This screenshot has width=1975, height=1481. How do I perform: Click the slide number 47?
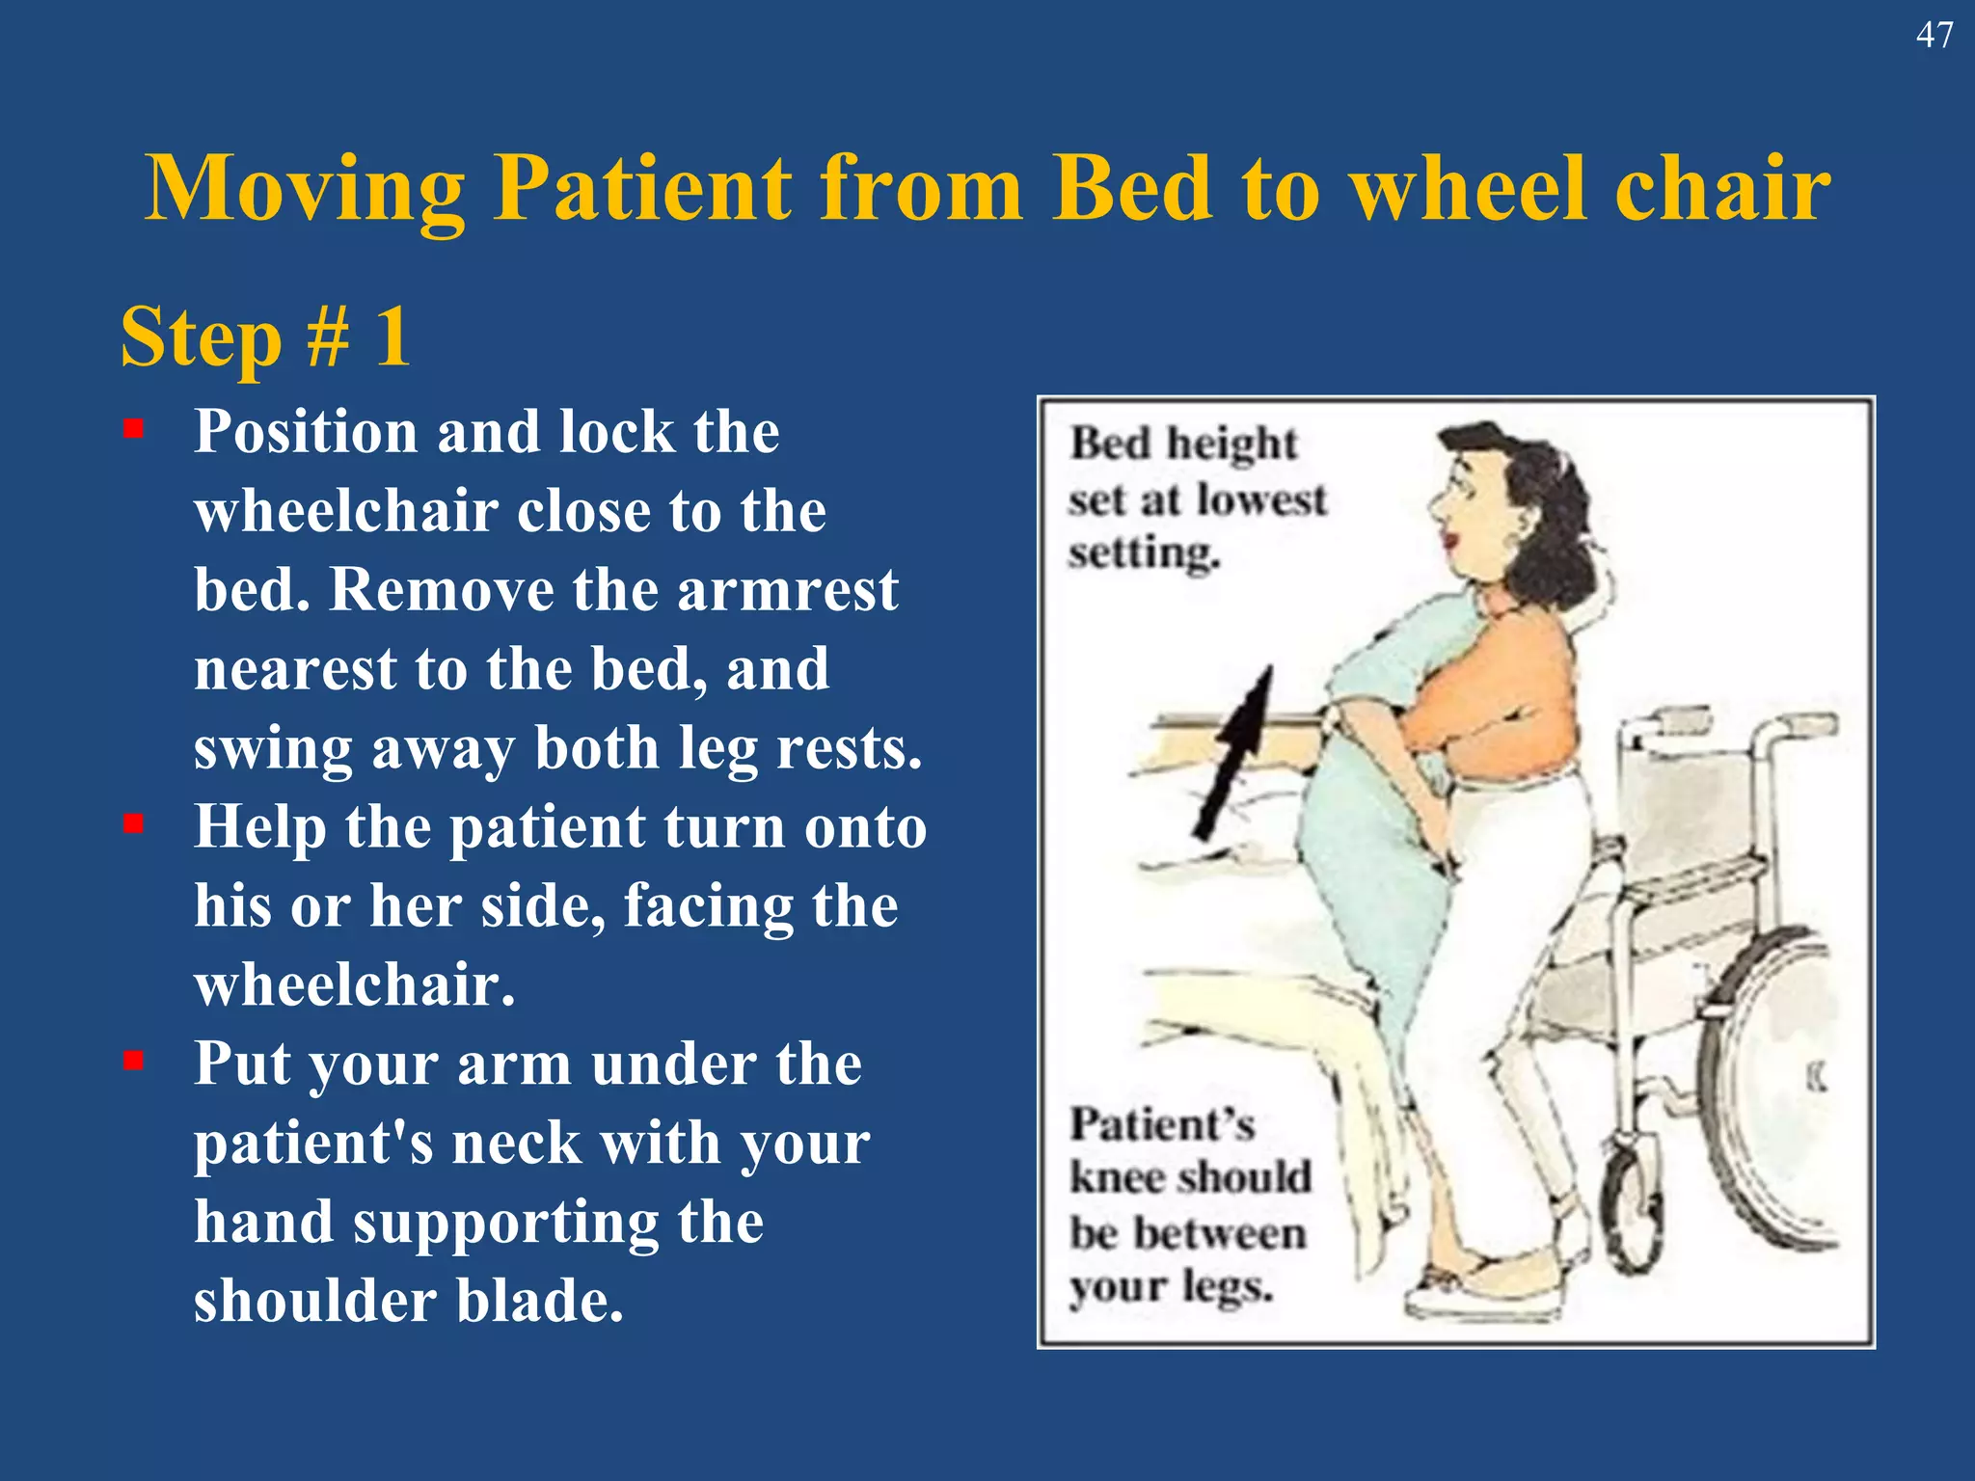[x=1934, y=36]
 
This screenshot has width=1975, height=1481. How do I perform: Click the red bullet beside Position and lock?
[x=133, y=428]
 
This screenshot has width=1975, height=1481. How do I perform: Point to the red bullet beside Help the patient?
[x=133, y=823]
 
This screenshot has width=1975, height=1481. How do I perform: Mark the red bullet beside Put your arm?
[x=133, y=1061]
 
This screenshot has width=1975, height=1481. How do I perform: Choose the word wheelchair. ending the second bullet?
[x=354, y=984]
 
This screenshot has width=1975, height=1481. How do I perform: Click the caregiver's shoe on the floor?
[x=1485, y=1291]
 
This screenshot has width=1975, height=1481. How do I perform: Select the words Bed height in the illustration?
[x=1183, y=444]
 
